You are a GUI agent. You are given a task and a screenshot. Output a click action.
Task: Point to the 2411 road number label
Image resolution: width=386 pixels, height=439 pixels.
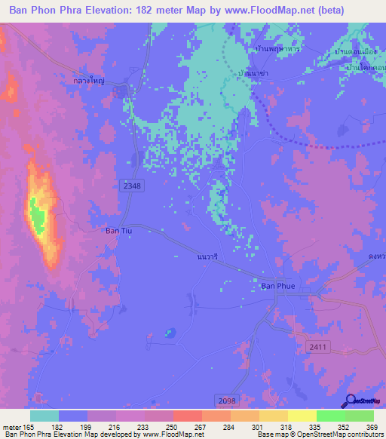(339, 346)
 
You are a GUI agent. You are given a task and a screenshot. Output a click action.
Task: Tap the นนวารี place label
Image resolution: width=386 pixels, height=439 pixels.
(207, 256)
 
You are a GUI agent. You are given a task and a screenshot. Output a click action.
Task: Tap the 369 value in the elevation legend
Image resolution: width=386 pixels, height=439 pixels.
(359, 426)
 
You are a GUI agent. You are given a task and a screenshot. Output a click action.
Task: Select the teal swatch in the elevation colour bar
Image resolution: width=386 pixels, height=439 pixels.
(44, 416)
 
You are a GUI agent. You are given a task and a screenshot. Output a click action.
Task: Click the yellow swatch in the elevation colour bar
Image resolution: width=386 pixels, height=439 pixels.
(302, 416)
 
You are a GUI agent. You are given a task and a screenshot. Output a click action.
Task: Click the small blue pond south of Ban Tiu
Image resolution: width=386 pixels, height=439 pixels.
(170, 332)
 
